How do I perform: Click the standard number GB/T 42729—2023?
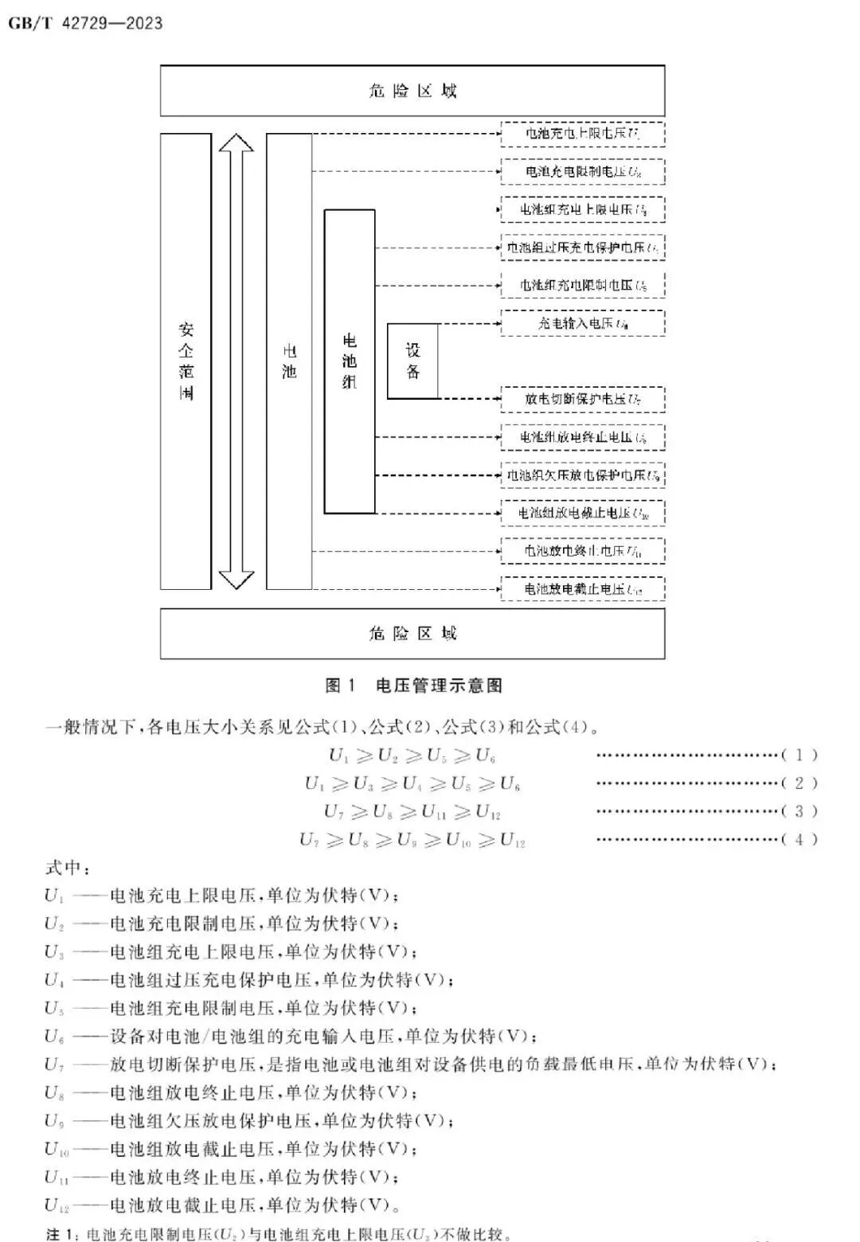85,23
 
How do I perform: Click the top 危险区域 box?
412,91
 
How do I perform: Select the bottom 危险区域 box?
412,634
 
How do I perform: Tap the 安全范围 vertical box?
186,361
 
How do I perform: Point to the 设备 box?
412,361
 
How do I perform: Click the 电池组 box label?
350,361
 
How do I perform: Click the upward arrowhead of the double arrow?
236,144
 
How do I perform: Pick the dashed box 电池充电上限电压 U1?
582,134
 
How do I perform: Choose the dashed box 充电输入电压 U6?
582,323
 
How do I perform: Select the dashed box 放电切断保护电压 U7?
582,399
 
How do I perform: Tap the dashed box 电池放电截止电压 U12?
582,589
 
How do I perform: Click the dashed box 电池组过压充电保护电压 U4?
582,248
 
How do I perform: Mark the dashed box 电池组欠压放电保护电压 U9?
582,475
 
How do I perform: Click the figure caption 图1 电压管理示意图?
414,685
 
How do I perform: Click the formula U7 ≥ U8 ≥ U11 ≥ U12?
412,811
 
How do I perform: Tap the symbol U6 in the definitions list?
54,1037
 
